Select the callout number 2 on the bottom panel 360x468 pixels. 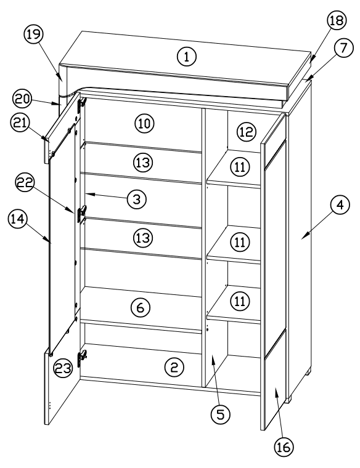click(x=174, y=368)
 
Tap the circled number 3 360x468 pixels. click(x=136, y=199)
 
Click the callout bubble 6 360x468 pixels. click(x=141, y=308)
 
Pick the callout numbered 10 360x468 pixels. click(x=144, y=123)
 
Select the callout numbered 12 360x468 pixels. click(x=245, y=131)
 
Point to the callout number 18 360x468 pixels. click(x=336, y=21)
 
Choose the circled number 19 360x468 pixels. click(x=33, y=36)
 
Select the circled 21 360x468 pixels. click(x=22, y=123)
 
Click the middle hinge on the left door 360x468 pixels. click(x=81, y=214)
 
